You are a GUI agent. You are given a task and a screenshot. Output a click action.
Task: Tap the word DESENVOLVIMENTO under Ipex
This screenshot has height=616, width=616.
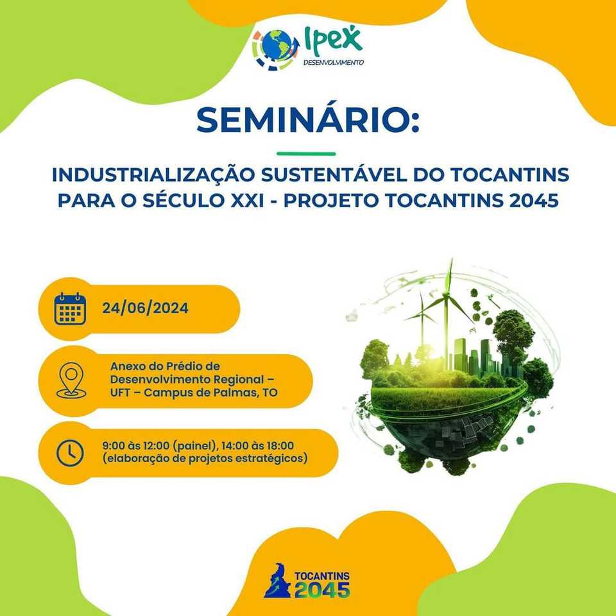pos(334,62)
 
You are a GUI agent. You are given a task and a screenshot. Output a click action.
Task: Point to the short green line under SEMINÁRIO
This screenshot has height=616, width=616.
pos(306,153)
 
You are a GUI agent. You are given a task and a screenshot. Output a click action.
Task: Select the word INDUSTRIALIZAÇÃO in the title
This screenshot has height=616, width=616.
pos(153,174)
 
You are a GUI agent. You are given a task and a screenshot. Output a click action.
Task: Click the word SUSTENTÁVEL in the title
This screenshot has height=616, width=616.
pos(334,175)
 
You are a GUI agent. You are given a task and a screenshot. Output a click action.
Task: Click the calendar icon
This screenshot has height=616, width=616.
pos(70,309)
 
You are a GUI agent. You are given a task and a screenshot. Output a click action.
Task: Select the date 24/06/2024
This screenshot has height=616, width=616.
pos(146,308)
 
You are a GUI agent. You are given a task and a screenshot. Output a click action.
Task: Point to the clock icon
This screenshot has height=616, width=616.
pos(70,453)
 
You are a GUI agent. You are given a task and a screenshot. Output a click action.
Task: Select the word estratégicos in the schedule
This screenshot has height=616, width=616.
pos(273,458)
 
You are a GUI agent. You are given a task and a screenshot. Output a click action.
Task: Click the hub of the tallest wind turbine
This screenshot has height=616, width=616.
pos(447,293)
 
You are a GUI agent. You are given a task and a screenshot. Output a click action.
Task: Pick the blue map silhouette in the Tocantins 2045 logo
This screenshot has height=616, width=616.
pos(277,580)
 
